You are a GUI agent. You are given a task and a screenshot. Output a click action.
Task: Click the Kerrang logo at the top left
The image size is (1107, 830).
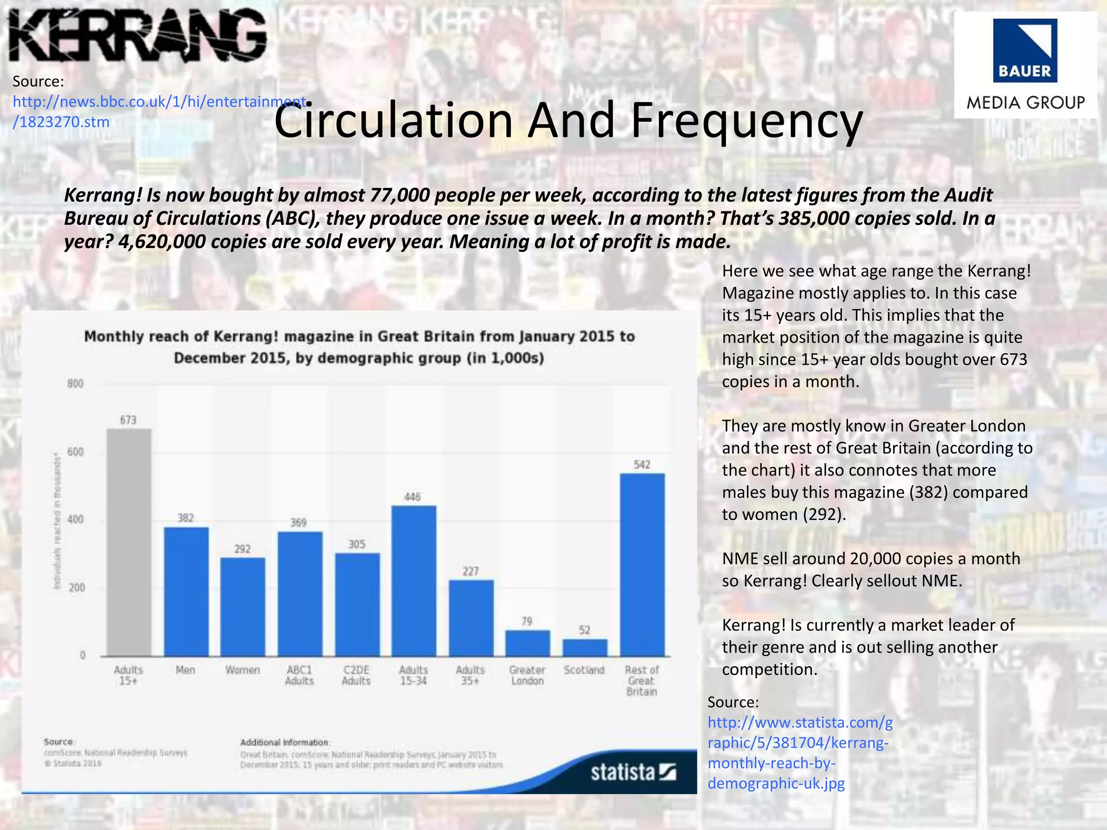(x=138, y=36)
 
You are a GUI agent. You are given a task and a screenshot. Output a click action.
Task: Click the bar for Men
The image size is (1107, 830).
(x=186, y=591)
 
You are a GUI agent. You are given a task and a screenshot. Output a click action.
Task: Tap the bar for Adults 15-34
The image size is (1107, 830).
(x=414, y=580)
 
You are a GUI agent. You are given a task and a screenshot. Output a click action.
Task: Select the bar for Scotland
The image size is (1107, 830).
(x=585, y=647)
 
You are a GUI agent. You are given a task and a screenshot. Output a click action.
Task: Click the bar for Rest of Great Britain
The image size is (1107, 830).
(x=642, y=565)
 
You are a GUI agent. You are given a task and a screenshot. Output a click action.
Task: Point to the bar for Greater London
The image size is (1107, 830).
(x=528, y=643)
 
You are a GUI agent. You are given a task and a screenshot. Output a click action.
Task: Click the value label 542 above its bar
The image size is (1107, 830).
(x=642, y=465)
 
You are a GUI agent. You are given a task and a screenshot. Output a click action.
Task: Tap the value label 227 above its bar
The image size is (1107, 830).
(x=471, y=571)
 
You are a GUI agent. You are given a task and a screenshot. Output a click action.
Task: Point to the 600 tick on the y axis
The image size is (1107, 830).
(x=76, y=452)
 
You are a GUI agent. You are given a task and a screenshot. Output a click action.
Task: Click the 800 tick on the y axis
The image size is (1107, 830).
(x=76, y=384)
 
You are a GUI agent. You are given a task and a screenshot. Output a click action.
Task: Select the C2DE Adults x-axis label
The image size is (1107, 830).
(x=356, y=675)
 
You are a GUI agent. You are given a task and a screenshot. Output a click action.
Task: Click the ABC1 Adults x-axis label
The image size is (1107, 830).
(x=299, y=675)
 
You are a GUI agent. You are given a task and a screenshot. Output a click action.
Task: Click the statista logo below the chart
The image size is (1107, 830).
(x=633, y=772)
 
